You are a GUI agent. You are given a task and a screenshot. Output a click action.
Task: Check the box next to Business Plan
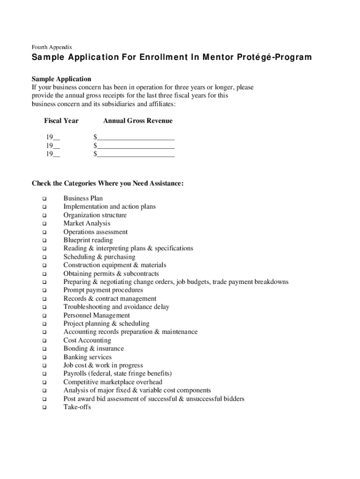coord(44,199)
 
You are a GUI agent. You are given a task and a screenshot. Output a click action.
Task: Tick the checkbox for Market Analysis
coord(44,224)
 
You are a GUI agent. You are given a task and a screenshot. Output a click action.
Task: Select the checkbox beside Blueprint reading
coord(44,241)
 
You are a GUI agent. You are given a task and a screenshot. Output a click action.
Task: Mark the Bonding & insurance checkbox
coord(44,349)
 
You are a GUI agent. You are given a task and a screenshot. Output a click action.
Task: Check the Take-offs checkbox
coord(44,407)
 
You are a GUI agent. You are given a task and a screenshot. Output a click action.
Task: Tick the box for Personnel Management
coord(44,316)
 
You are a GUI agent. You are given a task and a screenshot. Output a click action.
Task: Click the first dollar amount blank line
coord(136,138)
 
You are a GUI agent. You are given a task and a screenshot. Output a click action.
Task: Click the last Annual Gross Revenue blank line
coord(136,154)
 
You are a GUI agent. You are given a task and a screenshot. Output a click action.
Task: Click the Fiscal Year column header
coord(61,121)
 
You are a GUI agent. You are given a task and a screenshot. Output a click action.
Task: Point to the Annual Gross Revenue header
coord(138,121)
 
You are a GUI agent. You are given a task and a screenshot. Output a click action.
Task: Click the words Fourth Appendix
coord(51,47)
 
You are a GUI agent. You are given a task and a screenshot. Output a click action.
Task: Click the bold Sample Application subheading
coord(61,79)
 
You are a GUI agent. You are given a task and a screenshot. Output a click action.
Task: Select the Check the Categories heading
coord(108,183)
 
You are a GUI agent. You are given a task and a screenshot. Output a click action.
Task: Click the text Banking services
coord(87,357)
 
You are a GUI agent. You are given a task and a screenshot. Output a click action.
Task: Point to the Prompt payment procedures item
coord(103,290)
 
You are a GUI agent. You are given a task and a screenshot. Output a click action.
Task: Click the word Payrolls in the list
coord(76,374)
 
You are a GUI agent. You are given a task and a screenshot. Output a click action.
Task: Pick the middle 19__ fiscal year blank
coord(53,145)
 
